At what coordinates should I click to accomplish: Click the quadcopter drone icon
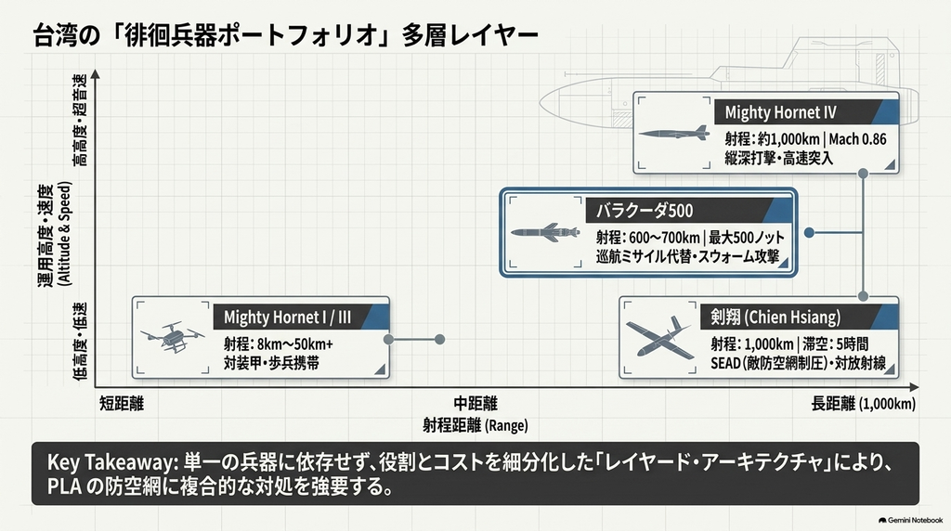(172, 336)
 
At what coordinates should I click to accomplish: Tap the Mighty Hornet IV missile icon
(674, 133)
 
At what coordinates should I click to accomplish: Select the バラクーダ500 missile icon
(544, 232)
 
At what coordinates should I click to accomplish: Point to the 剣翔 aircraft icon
(659, 338)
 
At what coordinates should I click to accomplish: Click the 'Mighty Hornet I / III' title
(287, 317)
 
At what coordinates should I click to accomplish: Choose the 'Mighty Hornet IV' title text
(780, 112)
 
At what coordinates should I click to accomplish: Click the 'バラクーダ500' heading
(645, 211)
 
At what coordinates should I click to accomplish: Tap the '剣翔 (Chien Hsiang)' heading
(775, 317)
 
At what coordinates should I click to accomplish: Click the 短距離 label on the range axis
(122, 404)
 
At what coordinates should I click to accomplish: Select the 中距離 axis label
(475, 404)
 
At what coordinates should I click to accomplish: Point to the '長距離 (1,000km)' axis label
(863, 404)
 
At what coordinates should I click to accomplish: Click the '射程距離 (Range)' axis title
(475, 425)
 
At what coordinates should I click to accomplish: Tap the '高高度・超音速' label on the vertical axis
(80, 120)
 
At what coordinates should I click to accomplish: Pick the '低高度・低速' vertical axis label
(80, 342)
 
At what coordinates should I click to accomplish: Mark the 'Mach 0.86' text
(857, 139)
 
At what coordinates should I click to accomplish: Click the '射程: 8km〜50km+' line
(279, 344)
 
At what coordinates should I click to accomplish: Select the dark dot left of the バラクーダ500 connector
(809, 232)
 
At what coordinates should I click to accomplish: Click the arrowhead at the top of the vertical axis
(96, 75)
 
